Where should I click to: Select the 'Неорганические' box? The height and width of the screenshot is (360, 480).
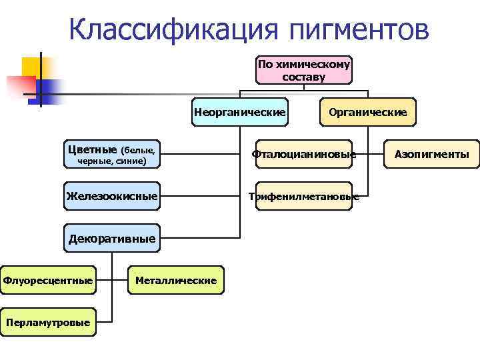tap(239, 112)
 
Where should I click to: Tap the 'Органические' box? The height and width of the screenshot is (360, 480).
tap(367, 112)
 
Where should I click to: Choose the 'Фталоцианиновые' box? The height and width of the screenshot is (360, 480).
tap(303, 155)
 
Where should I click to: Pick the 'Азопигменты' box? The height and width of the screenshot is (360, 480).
tap(431, 155)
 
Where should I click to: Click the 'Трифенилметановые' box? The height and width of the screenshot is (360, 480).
tap(303, 196)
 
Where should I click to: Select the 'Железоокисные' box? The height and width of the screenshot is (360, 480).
tap(112, 196)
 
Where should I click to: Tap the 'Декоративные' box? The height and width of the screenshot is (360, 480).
tap(112, 238)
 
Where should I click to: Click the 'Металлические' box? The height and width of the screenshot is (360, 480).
tap(176, 280)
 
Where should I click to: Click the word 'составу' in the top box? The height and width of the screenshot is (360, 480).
tap(303, 77)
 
